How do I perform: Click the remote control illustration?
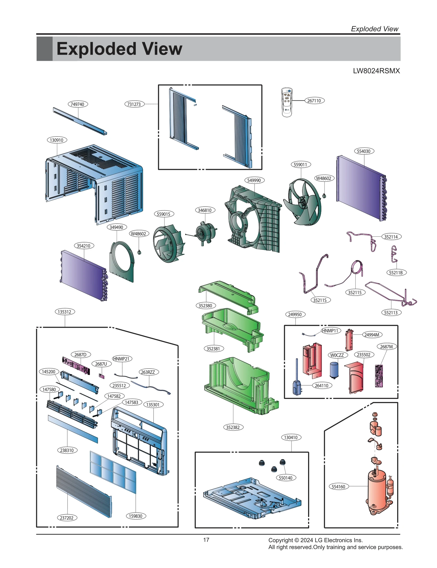287,102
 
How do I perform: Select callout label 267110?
314,101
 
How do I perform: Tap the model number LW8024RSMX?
376,71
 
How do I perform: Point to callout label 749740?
78,104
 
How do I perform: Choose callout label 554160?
338,486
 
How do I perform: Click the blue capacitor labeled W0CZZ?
334,370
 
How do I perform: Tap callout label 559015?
164,214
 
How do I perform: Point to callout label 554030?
364,151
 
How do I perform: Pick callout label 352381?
213,348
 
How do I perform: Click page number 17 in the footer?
206,540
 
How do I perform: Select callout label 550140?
286,478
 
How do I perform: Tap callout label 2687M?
386,347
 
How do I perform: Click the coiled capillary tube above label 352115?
356,267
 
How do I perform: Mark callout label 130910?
57,140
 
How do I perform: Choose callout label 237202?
67,518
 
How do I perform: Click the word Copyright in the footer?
280,540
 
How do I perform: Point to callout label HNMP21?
122,359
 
